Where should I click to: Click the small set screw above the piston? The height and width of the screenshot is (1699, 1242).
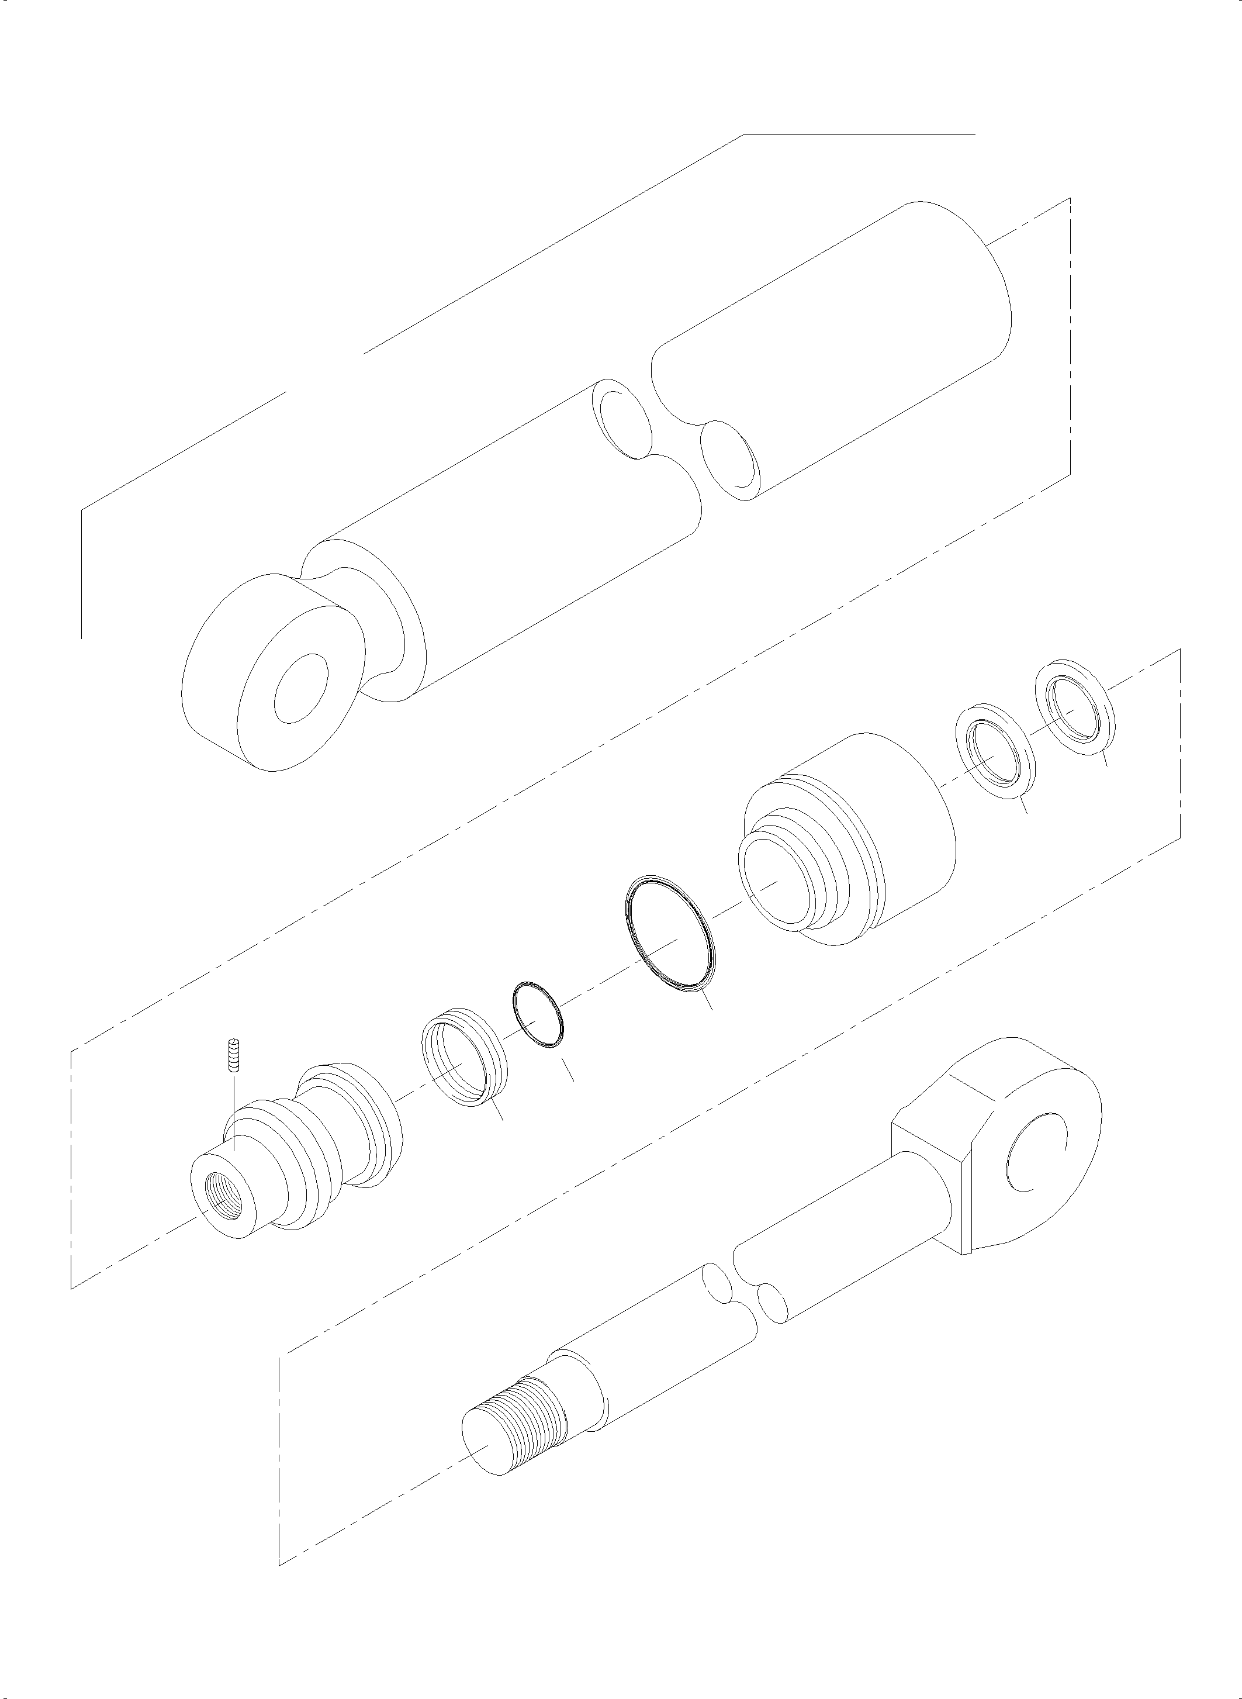[234, 1056]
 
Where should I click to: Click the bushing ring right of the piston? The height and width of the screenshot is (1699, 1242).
[462, 1059]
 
